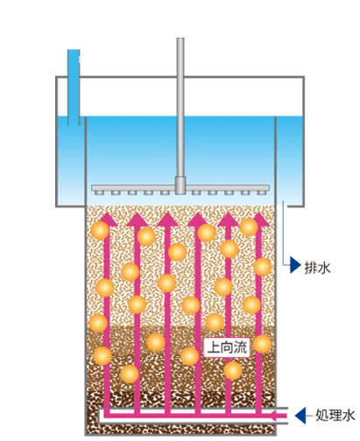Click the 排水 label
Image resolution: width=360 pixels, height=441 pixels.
(x=317, y=267)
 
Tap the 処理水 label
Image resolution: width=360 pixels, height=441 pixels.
(x=335, y=415)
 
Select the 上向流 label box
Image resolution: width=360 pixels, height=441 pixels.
(x=227, y=347)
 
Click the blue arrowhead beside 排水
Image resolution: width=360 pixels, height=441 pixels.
(x=295, y=265)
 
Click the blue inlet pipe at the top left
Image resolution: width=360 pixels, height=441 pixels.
(x=74, y=87)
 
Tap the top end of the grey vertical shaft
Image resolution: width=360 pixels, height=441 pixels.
(x=180, y=38)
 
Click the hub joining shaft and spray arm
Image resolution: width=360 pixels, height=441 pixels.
(x=180, y=185)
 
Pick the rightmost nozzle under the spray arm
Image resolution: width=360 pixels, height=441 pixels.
(x=261, y=192)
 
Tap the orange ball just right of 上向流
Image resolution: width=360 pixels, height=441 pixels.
(x=262, y=344)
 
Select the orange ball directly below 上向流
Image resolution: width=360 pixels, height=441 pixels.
(x=233, y=370)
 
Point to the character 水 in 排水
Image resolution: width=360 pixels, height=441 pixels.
(x=324, y=267)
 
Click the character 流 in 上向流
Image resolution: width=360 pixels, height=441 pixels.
(x=241, y=347)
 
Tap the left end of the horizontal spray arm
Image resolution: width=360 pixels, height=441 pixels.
(x=92, y=188)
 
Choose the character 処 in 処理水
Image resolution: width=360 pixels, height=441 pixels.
(x=321, y=416)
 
